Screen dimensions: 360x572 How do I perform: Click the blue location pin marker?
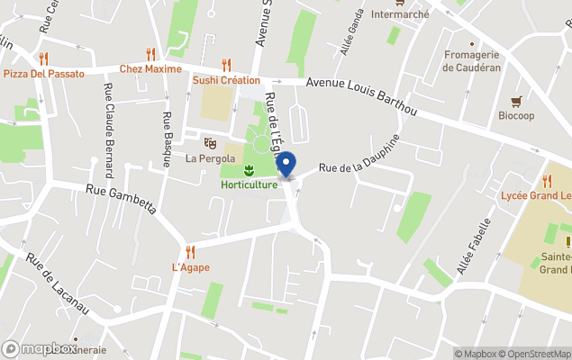coord(286,166)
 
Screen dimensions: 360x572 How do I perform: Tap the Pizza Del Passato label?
coord(44,74)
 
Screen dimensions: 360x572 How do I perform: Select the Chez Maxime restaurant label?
coord(150,69)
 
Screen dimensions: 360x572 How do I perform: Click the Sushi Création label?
coord(226,80)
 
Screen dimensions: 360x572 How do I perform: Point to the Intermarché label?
coord(400,14)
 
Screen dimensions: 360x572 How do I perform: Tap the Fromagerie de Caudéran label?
coord(471,60)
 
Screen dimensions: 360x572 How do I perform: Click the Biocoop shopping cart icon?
coord(516,101)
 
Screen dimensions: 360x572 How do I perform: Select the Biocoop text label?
coord(516,115)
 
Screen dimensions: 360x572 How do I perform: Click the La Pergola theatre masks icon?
coord(210,142)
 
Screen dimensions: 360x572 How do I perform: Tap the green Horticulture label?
coord(250,185)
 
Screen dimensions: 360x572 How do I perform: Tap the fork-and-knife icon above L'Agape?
coord(189,252)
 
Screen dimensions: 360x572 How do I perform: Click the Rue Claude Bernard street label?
coord(108,130)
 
